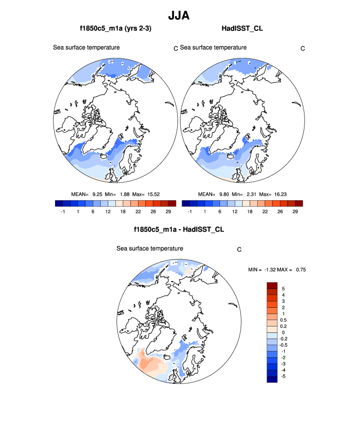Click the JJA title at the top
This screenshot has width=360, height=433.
tap(179, 15)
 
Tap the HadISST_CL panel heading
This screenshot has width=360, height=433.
tap(242, 28)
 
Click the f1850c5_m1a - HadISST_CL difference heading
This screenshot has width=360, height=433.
tap(179, 229)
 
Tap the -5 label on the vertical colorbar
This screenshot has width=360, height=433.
tap(284, 376)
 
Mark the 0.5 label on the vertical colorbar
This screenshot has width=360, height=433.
tap(285, 320)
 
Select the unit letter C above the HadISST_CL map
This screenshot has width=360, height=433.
tap(303, 48)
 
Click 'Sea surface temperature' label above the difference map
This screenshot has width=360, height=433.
tap(150, 248)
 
